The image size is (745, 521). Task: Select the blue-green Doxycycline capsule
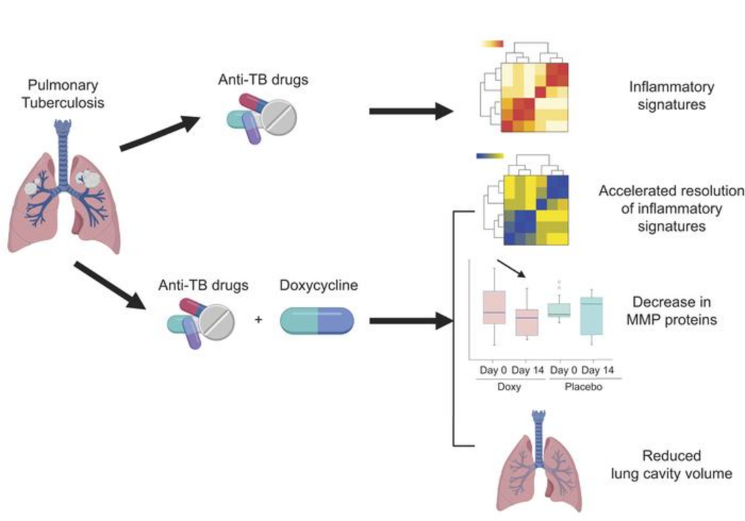pos(317,320)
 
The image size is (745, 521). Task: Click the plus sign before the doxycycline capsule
pos(259,320)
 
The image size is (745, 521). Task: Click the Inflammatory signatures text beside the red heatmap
pos(671,95)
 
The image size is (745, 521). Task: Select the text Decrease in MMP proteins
pos(671,311)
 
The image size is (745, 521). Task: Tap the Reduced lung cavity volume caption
pos(671,464)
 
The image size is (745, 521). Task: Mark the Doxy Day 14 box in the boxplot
pos(527,322)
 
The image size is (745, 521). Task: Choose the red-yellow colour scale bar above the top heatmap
pos(492,44)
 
